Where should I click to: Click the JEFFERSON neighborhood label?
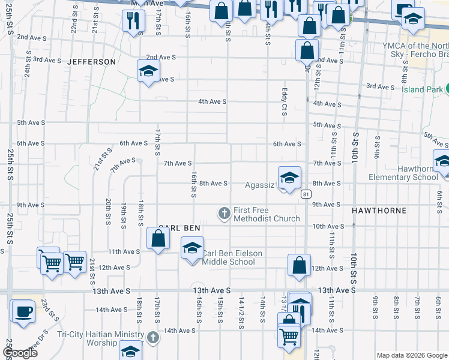click(91, 62)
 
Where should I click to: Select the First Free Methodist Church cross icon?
click(224, 213)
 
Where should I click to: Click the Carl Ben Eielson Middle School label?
click(232, 257)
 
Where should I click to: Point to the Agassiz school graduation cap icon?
click(289, 178)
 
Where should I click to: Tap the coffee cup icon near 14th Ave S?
click(23, 311)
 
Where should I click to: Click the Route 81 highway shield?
click(306, 194)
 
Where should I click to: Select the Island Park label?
click(423, 90)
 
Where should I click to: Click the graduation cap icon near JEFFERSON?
click(147, 71)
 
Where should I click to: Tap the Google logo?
click(19, 353)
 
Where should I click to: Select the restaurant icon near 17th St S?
click(133, 20)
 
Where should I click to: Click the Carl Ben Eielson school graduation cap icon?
click(192, 248)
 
